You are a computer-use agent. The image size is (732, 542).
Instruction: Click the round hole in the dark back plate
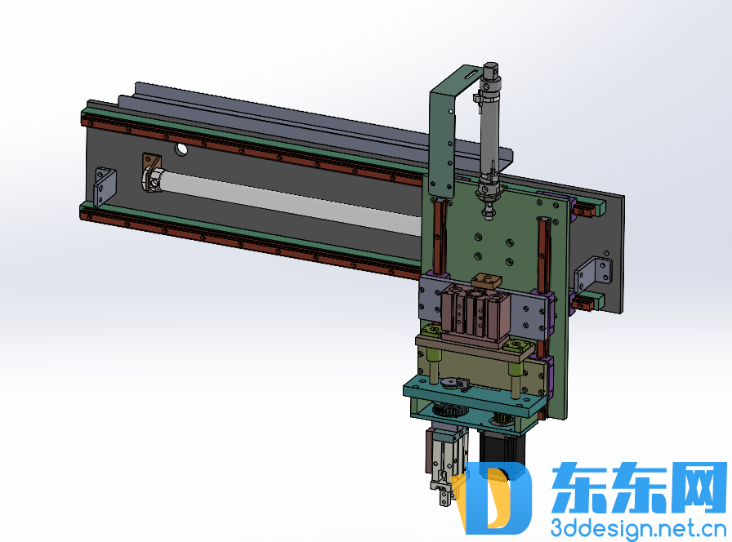[181, 149]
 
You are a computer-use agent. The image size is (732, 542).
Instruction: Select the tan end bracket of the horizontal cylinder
[152, 172]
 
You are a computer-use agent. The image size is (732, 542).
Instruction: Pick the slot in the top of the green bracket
[471, 73]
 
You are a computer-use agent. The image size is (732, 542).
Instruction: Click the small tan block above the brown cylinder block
[486, 280]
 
